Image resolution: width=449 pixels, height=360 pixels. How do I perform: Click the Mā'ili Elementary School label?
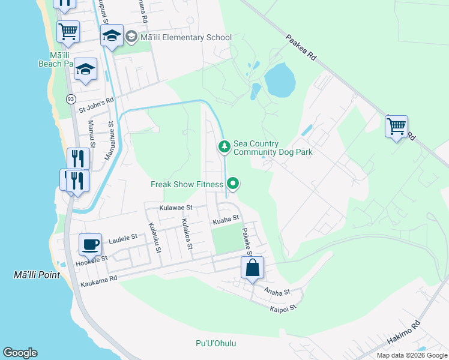[186, 38]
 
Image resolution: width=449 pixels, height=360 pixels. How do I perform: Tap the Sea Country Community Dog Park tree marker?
[224, 146]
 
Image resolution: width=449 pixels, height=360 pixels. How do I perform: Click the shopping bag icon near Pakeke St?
[253, 268]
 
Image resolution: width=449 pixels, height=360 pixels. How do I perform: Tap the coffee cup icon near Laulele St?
[91, 244]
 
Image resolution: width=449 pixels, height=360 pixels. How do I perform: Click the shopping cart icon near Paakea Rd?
[396, 127]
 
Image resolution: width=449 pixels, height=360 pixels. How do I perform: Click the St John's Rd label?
[96, 106]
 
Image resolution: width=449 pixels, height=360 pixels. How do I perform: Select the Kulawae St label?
[175, 208]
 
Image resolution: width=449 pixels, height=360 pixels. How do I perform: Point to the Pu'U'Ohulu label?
[215, 344]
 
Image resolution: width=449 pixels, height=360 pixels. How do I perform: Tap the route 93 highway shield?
[71, 98]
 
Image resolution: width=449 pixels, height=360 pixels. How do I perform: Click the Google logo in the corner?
[20, 353]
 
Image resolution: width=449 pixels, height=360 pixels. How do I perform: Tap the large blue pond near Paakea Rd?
[280, 79]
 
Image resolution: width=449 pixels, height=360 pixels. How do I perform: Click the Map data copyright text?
[411, 355]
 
